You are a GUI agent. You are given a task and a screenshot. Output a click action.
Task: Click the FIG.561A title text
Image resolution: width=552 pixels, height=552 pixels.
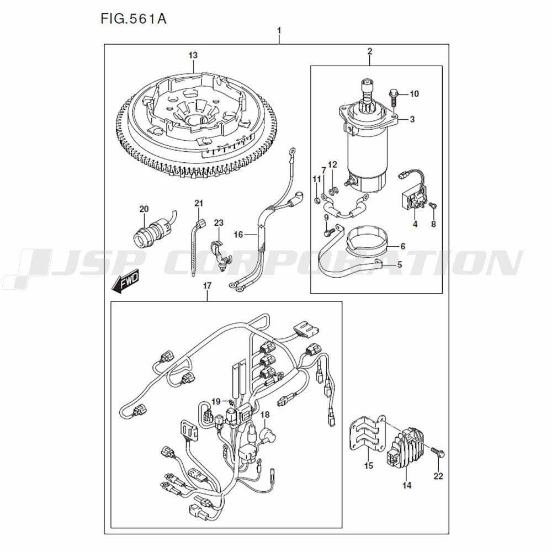pyautogui.click(x=134, y=19)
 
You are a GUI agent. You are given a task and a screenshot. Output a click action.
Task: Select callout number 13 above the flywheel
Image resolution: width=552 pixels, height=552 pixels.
pyautogui.click(x=193, y=55)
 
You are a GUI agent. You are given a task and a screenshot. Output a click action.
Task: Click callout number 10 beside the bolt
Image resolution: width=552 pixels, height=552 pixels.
pyautogui.click(x=415, y=94)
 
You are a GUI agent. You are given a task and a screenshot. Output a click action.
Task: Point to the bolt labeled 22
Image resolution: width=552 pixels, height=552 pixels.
pyautogui.click(x=438, y=452)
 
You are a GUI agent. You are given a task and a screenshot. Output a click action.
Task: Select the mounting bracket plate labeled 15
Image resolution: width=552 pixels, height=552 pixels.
pyautogui.click(x=366, y=436)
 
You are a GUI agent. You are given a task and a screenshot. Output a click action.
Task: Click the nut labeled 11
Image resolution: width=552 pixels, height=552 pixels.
pyautogui.click(x=316, y=201)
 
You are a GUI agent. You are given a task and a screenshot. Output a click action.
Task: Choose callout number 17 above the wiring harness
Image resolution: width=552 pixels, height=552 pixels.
pyautogui.click(x=207, y=285)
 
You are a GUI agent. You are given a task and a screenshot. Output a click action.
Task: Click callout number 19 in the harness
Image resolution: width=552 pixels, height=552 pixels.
pyautogui.click(x=216, y=401)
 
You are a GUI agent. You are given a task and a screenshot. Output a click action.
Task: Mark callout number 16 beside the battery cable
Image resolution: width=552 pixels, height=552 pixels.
pyautogui.click(x=238, y=235)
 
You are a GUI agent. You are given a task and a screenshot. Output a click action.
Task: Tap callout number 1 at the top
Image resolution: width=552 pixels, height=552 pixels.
pyautogui.click(x=279, y=31)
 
